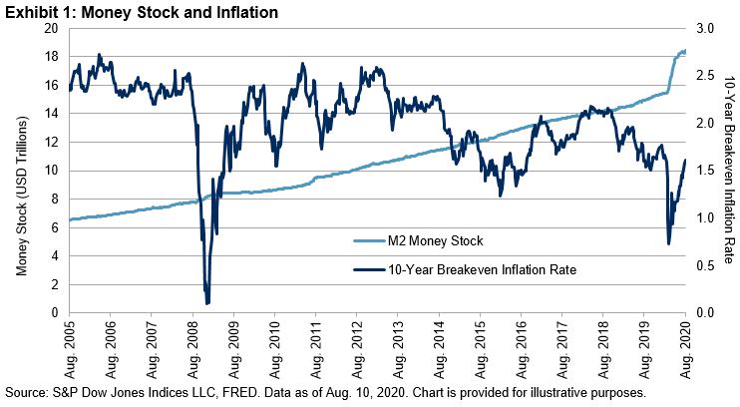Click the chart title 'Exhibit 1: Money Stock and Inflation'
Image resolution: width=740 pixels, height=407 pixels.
pos(140,12)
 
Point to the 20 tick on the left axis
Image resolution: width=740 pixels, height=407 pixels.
pos(52,29)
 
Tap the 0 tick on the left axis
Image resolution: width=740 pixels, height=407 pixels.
pos(55,313)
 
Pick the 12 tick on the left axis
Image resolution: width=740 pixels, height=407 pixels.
pos(52,143)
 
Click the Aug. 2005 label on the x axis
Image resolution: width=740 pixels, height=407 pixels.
pos(69,346)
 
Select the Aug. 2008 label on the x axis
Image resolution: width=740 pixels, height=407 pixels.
pos(192,346)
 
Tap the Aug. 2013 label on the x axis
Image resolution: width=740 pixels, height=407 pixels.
pos(397,346)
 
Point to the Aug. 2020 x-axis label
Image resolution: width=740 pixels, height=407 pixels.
pos(684,346)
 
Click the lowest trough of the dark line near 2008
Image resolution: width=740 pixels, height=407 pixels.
pos(206,302)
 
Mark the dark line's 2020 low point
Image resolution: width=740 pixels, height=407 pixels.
pos(667,243)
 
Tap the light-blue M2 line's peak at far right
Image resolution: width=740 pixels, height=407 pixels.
pos(683,50)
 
